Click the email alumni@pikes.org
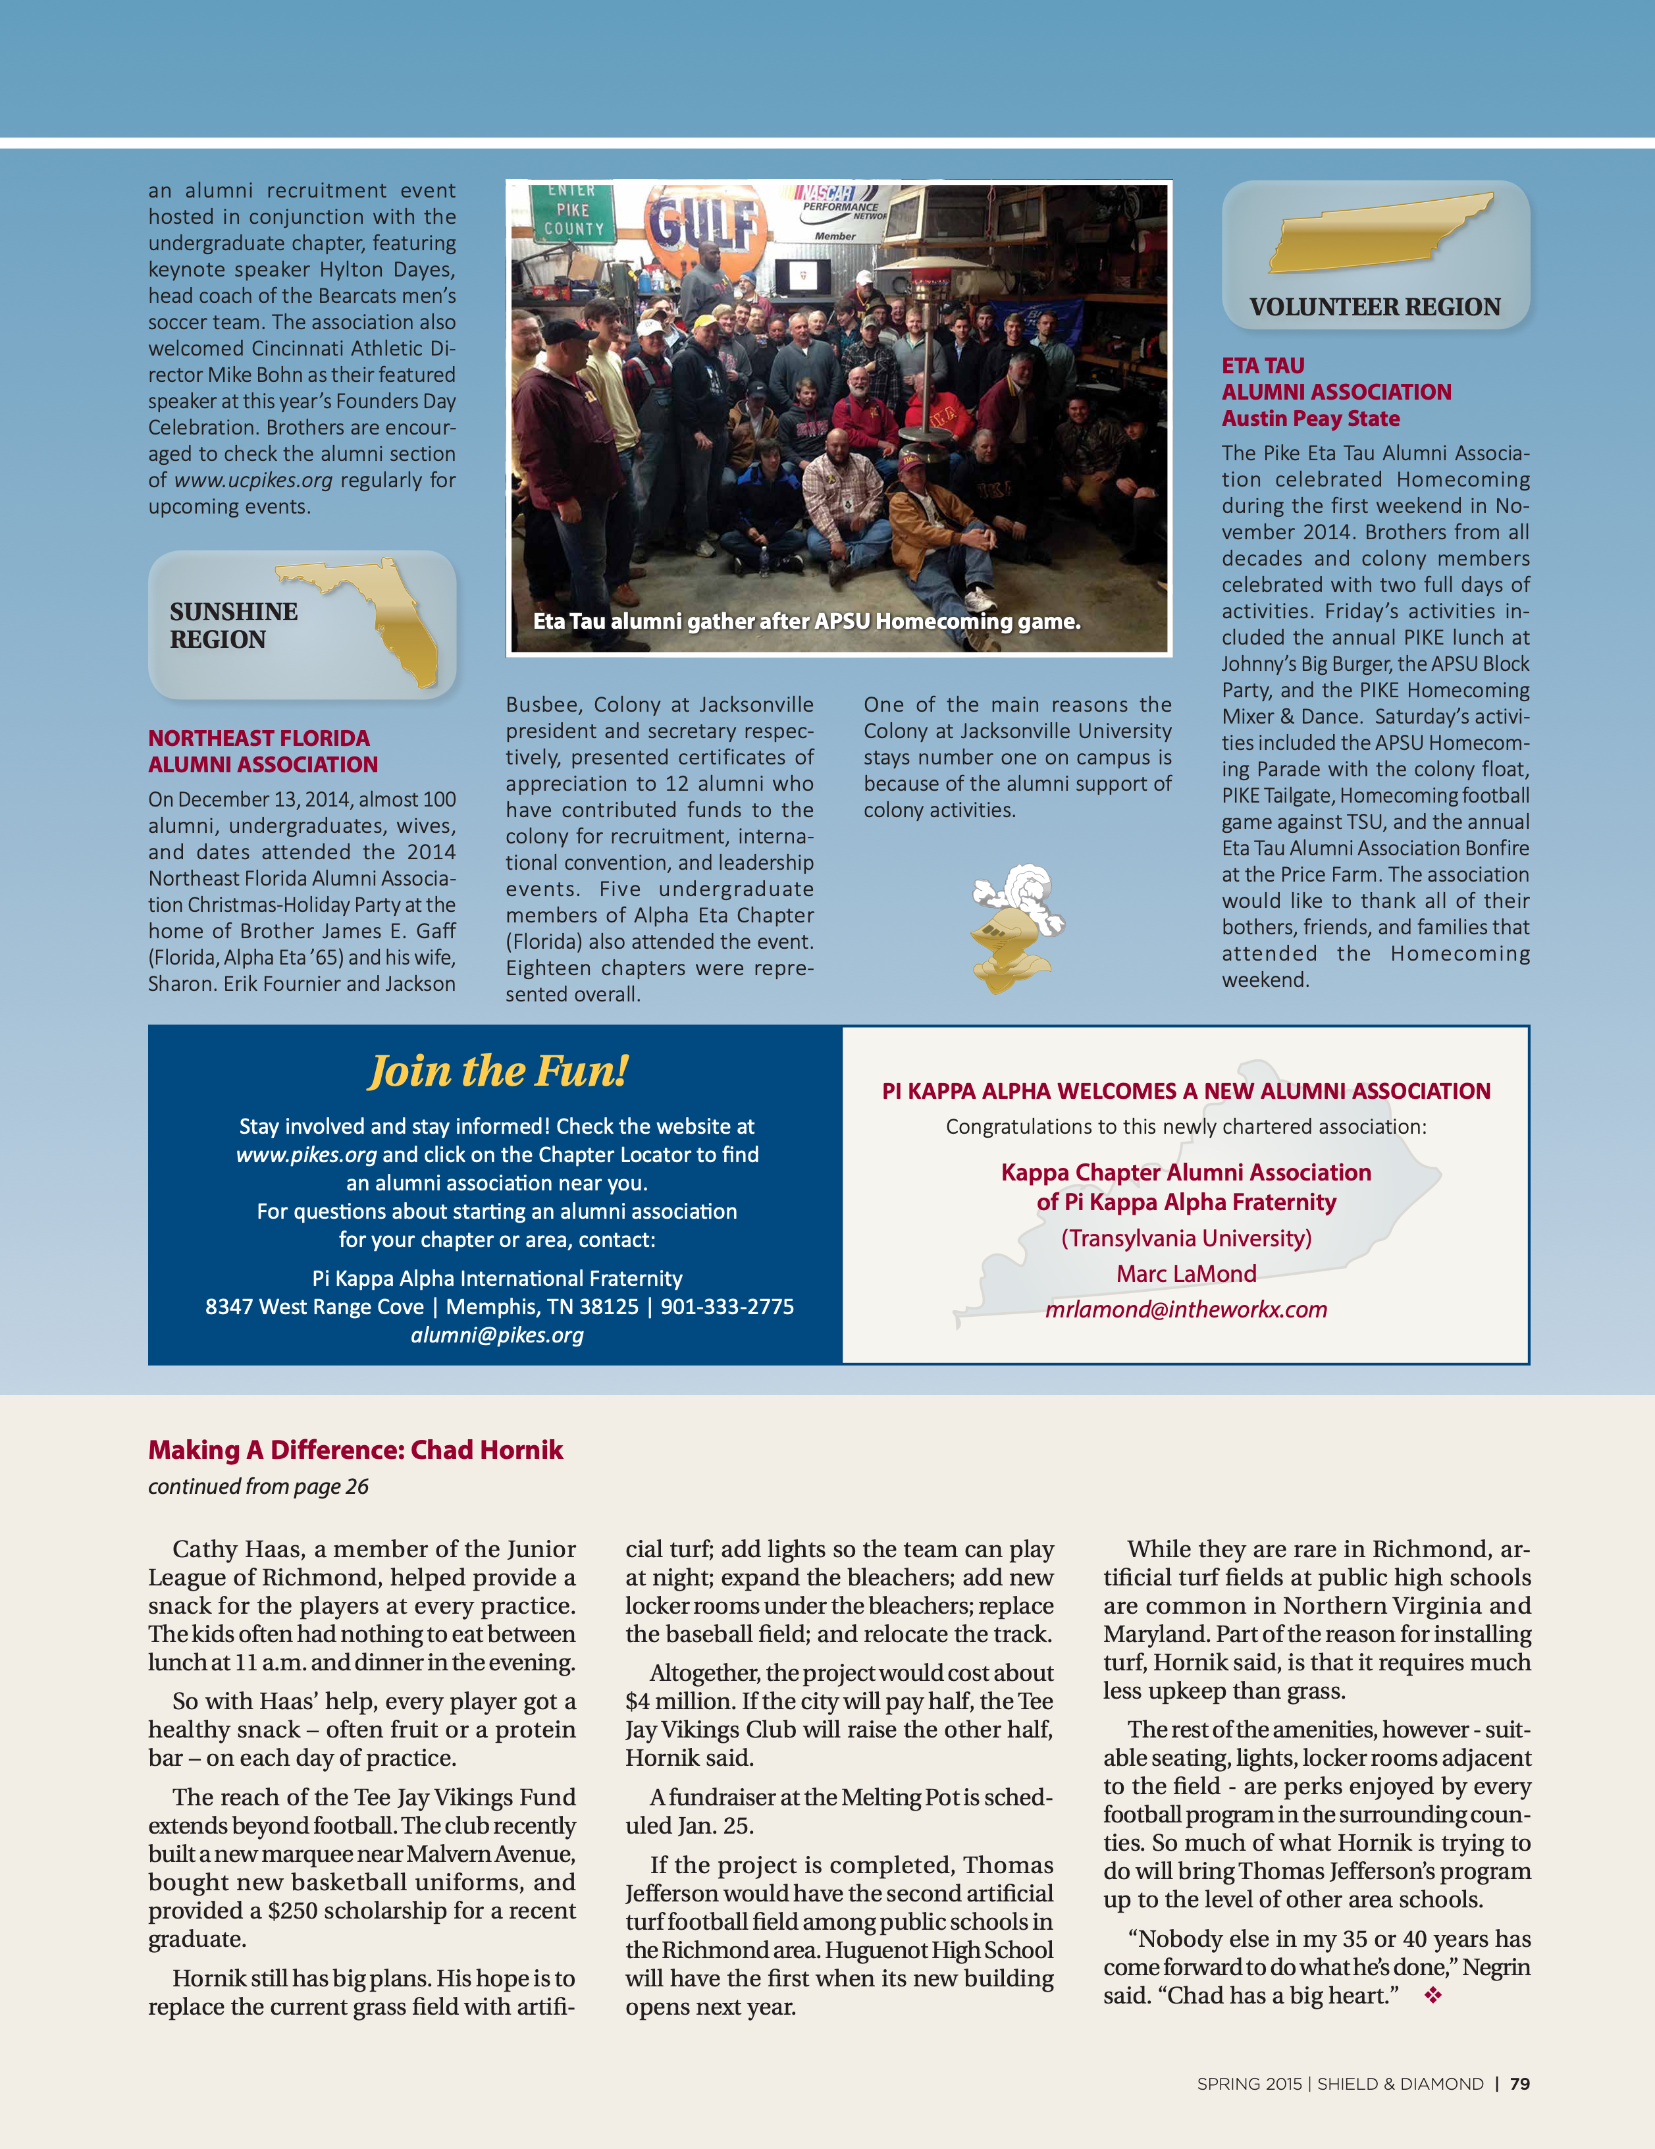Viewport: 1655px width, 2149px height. click(497, 1335)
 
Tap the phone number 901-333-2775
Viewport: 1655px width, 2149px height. click(727, 1307)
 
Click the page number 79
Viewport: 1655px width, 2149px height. click(1519, 2084)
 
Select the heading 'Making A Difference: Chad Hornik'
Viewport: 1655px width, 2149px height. click(355, 1450)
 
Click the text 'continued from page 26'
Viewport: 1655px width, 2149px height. click(258, 1487)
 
